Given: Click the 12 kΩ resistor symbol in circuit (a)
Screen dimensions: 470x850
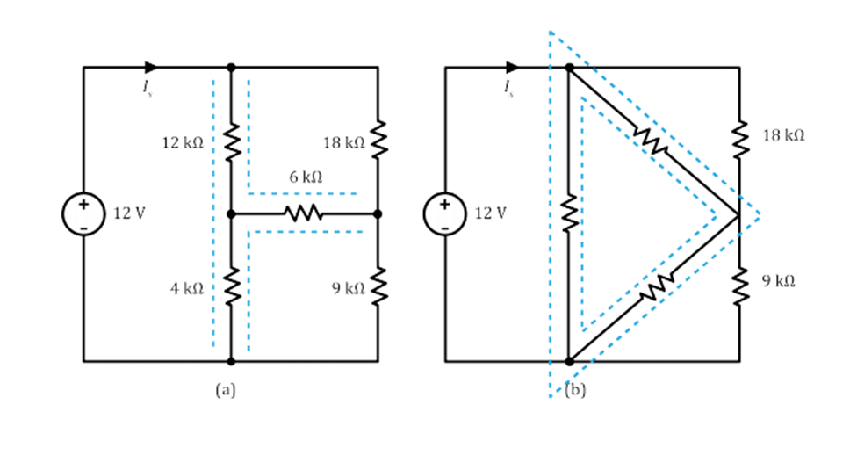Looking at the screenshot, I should pos(232,141).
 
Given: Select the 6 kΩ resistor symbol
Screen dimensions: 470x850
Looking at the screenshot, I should pos(304,213).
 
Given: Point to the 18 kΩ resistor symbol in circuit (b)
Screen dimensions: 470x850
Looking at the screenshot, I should pos(739,137).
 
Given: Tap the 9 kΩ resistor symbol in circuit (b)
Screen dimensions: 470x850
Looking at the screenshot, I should pos(739,282).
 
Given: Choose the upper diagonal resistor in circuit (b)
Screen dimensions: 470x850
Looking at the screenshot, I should pos(652,140).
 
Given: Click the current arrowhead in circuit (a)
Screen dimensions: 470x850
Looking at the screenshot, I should pos(151,67).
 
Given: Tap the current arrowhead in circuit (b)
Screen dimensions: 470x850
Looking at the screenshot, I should pos(512,67).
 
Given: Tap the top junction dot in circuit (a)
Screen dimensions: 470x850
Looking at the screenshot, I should pos(232,67).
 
